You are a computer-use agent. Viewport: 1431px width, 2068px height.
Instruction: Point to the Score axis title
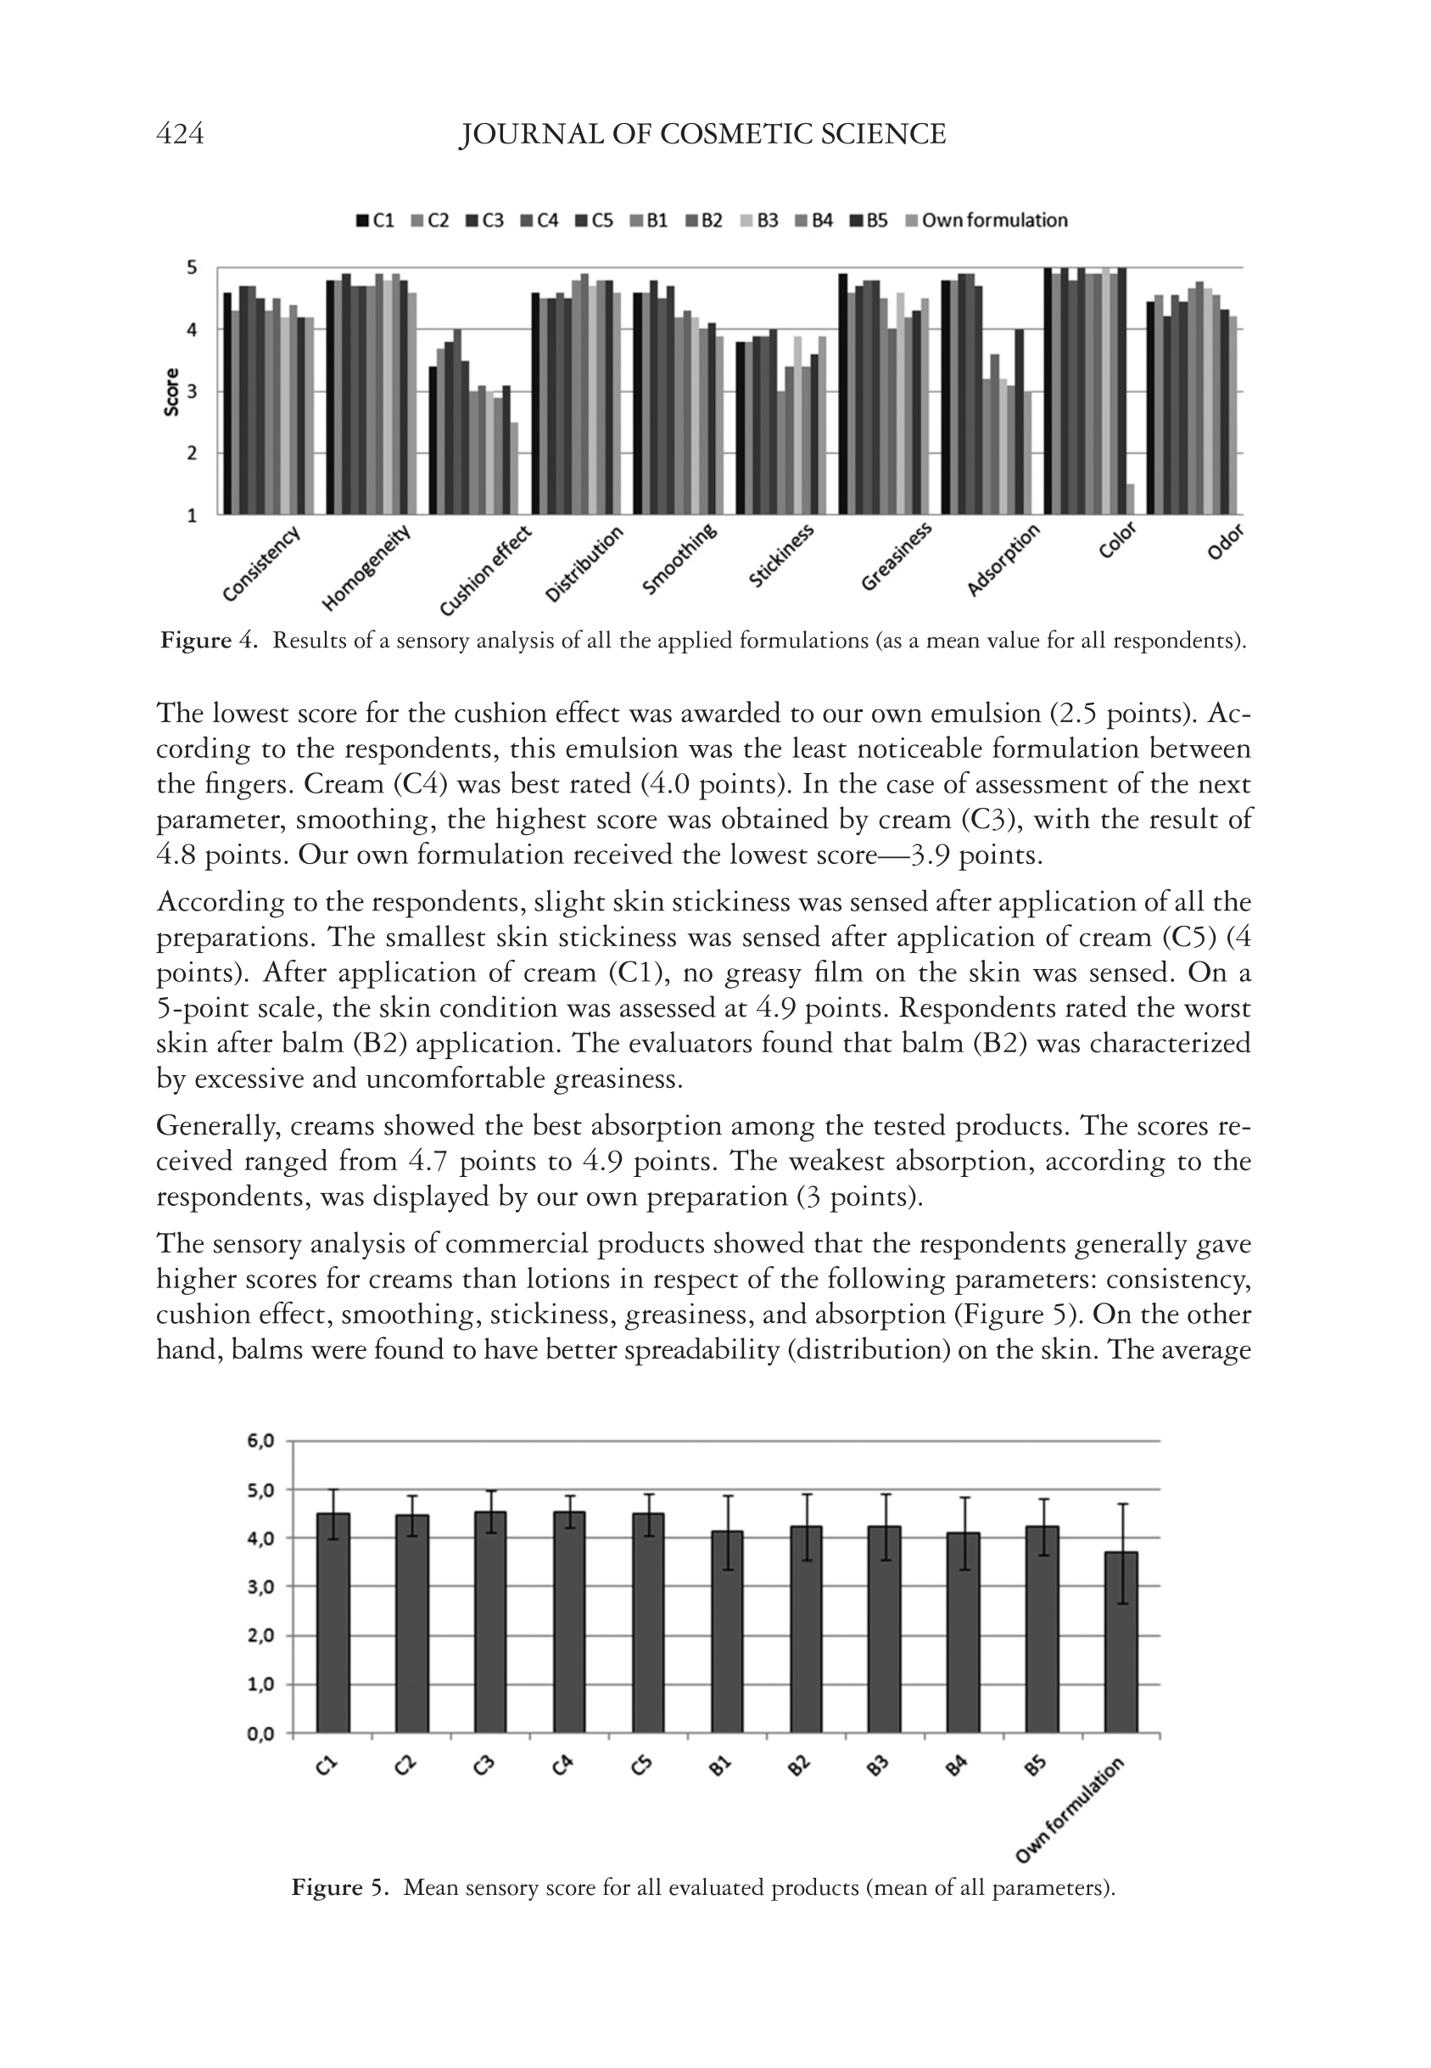tap(171, 391)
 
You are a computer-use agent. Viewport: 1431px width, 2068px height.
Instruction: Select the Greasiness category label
tap(896, 557)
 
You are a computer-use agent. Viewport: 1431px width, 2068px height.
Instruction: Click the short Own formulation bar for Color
tap(1131, 499)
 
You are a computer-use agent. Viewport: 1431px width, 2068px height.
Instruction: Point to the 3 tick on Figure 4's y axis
tap(191, 392)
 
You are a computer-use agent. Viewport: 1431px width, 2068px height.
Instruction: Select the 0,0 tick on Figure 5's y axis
tap(261, 1734)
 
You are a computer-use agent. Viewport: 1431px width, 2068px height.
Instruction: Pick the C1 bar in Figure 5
tap(333, 1623)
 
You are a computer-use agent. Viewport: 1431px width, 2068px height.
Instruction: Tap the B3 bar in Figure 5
tap(884, 1629)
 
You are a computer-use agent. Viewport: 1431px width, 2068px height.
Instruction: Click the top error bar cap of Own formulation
tap(1121, 1504)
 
